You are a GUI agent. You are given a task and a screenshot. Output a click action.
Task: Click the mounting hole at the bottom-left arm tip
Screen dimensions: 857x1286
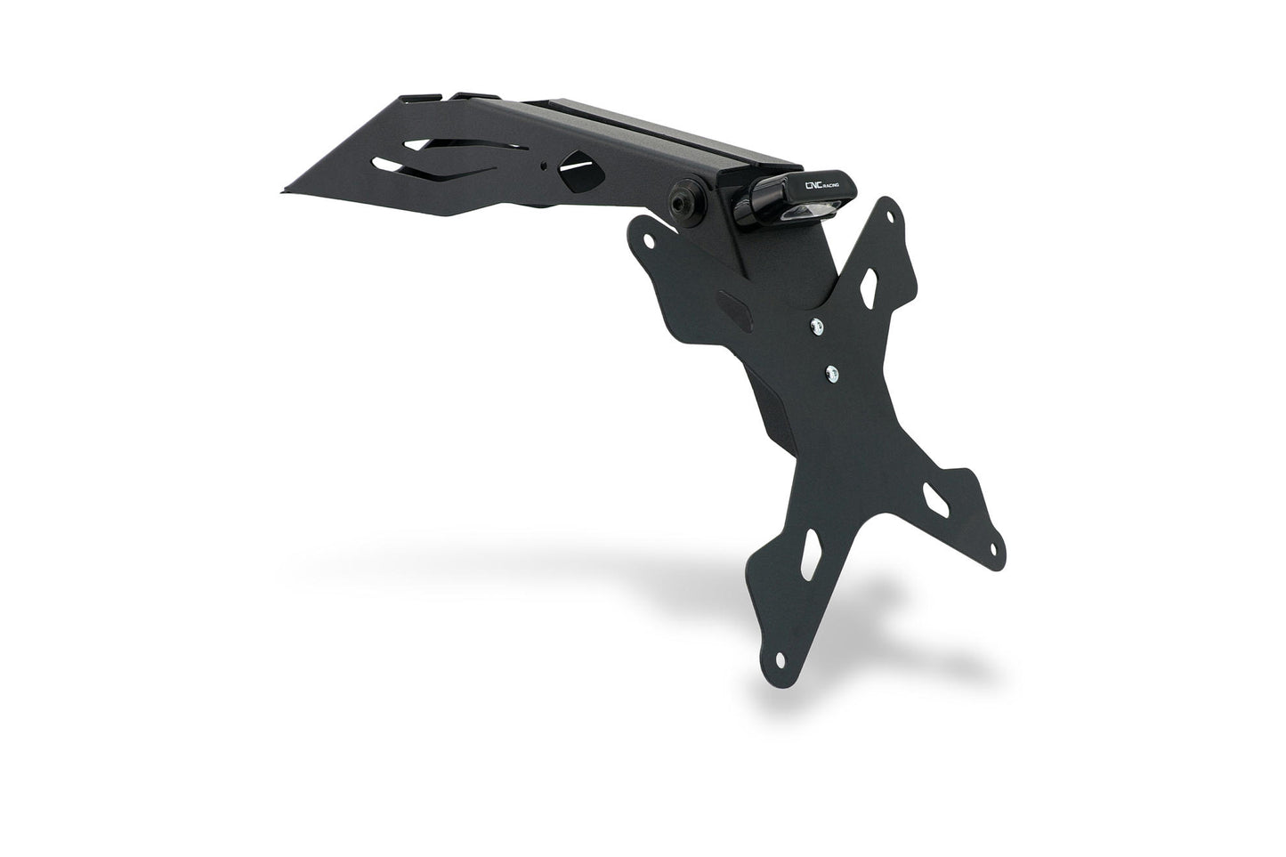point(780,659)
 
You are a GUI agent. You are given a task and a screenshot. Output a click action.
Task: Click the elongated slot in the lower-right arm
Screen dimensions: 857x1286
point(934,499)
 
